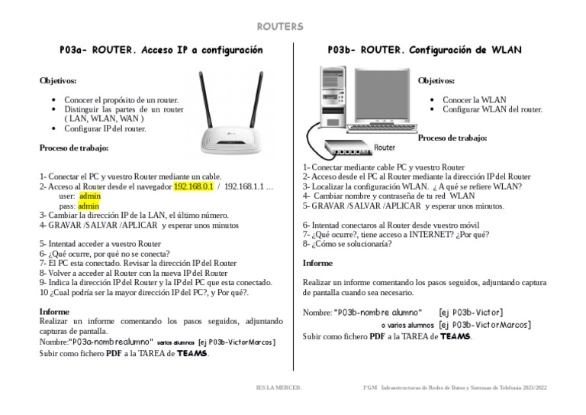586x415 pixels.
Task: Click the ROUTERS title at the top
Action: [x=279, y=27]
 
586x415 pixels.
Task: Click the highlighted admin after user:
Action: [x=89, y=196]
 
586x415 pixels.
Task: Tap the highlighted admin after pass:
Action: [x=89, y=206]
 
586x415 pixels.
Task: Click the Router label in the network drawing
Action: [x=385, y=147]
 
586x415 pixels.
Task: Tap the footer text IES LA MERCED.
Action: [x=279, y=387]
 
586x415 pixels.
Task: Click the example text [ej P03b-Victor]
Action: [x=470, y=312]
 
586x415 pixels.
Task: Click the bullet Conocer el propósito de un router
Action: [x=121, y=100]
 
